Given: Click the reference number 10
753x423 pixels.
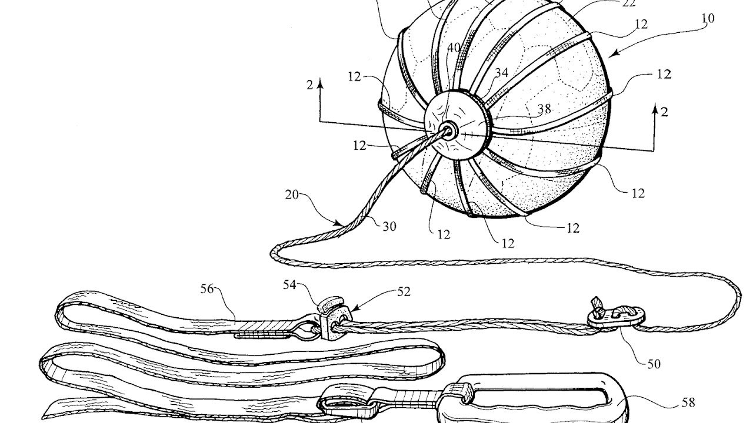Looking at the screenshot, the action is tap(708, 19).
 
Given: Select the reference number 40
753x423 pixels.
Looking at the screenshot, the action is tap(453, 48).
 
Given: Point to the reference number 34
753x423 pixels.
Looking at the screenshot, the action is tap(501, 73).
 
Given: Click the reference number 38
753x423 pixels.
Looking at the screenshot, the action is tap(544, 109).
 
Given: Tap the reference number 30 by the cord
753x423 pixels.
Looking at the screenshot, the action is tap(389, 226).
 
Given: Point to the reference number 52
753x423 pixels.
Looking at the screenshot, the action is tap(403, 291).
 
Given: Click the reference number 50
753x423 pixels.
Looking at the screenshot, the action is tap(654, 364).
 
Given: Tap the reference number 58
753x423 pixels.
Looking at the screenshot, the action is tap(688, 403).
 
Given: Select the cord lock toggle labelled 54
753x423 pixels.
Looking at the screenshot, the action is tap(326, 305).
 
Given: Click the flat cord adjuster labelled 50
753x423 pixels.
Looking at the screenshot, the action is tap(612, 316).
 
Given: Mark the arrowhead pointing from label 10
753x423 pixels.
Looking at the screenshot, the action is tap(611, 56).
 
